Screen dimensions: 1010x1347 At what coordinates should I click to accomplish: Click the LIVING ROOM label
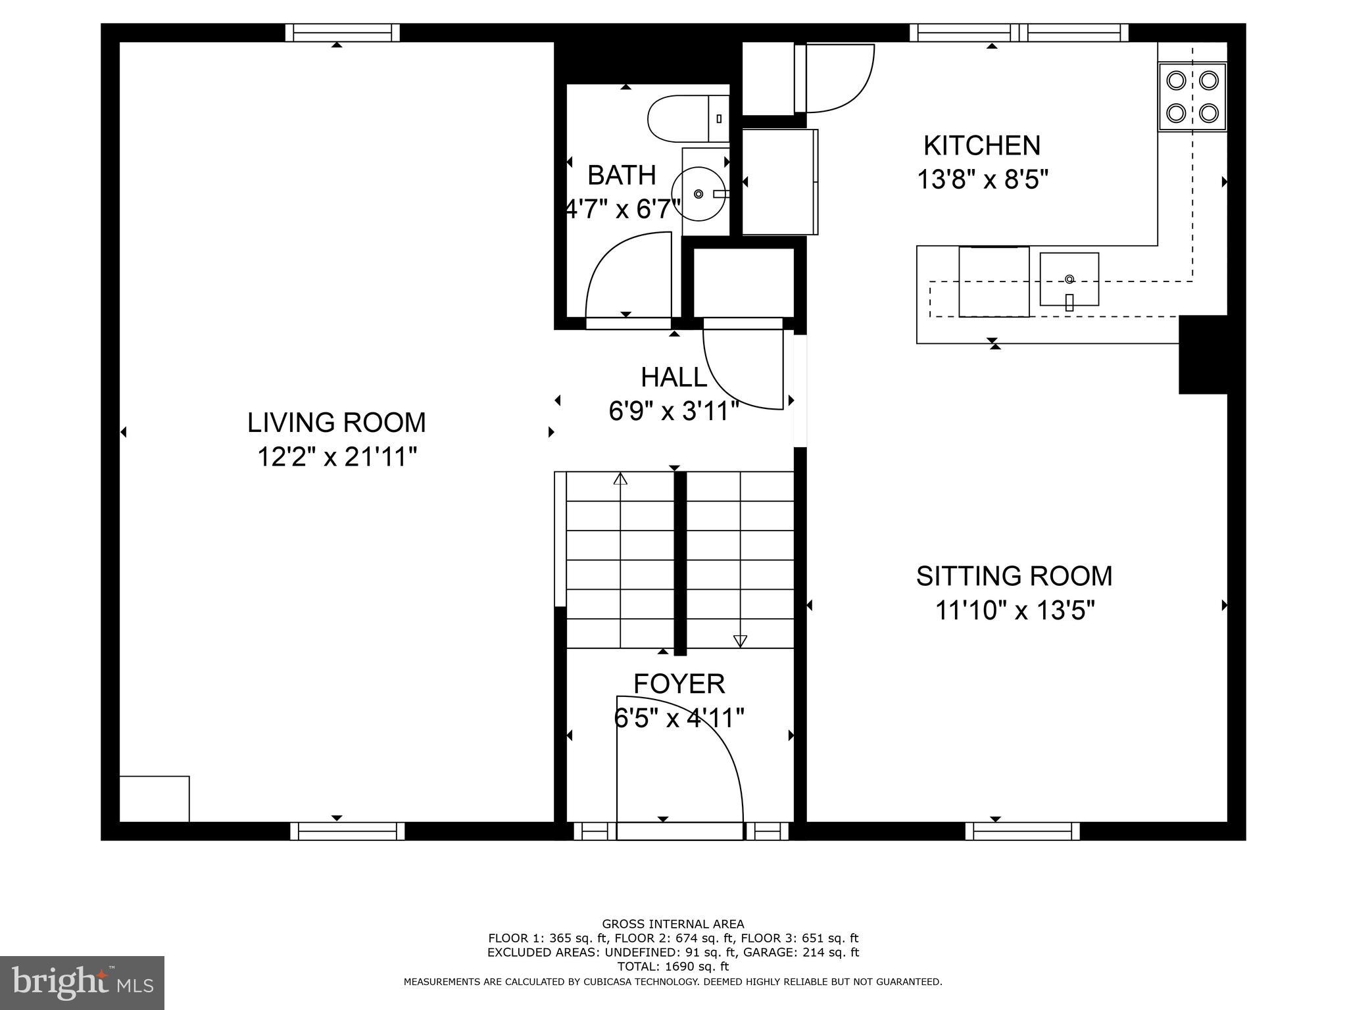click(x=336, y=422)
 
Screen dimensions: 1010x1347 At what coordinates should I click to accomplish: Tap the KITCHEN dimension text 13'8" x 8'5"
click(x=982, y=179)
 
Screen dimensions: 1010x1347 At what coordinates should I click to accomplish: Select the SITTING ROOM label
click(x=1014, y=576)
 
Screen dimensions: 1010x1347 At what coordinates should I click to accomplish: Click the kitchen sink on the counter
click(x=1069, y=279)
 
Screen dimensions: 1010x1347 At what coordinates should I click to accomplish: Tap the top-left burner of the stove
click(x=1175, y=81)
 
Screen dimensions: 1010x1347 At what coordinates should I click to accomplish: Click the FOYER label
click(x=679, y=684)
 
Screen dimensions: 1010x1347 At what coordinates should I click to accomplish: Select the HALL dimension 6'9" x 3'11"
click(x=673, y=412)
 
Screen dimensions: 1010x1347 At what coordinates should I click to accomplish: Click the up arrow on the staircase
click(x=620, y=479)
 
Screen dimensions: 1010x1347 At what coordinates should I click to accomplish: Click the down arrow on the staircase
click(x=740, y=640)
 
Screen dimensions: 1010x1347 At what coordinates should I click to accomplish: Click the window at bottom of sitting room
click(x=1022, y=831)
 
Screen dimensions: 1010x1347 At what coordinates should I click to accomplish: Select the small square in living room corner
click(x=155, y=798)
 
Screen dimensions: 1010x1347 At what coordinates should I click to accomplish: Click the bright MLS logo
click(x=82, y=982)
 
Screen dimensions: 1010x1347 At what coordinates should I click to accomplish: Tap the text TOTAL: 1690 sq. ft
click(x=673, y=967)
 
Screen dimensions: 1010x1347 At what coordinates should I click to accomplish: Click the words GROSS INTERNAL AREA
click(x=673, y=924)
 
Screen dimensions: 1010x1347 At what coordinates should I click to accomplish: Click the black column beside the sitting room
click(x=1202, y=354)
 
